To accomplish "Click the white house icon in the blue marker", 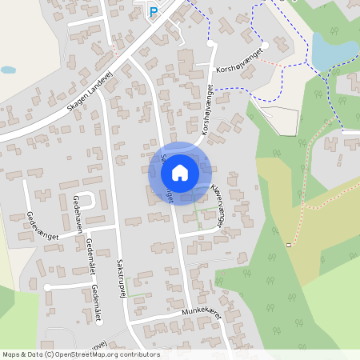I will tap(179, 172).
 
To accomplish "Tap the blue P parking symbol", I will tap(154, 11).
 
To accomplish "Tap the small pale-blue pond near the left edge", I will tap(8, 70).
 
